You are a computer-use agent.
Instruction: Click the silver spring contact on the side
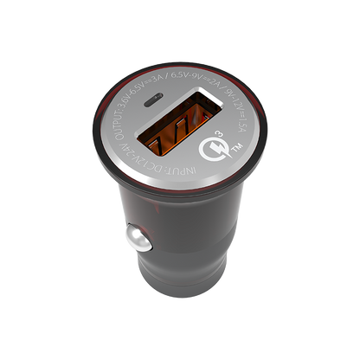coord(133,238)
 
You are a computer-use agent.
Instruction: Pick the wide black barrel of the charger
coord(186,225)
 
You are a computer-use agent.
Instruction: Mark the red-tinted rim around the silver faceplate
coord(260,156)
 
